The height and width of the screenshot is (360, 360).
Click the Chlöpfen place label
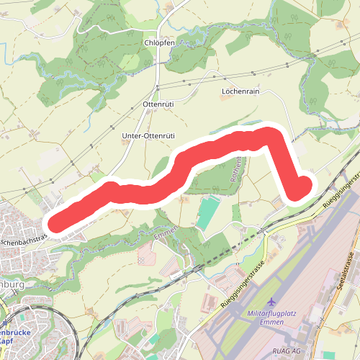click(x=159, y=43)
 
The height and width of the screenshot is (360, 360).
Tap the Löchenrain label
click(x=240, y=92)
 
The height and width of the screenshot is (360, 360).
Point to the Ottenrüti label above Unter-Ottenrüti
click(x=160, y=105)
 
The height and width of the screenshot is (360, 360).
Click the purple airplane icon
click(x=271, y=302)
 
